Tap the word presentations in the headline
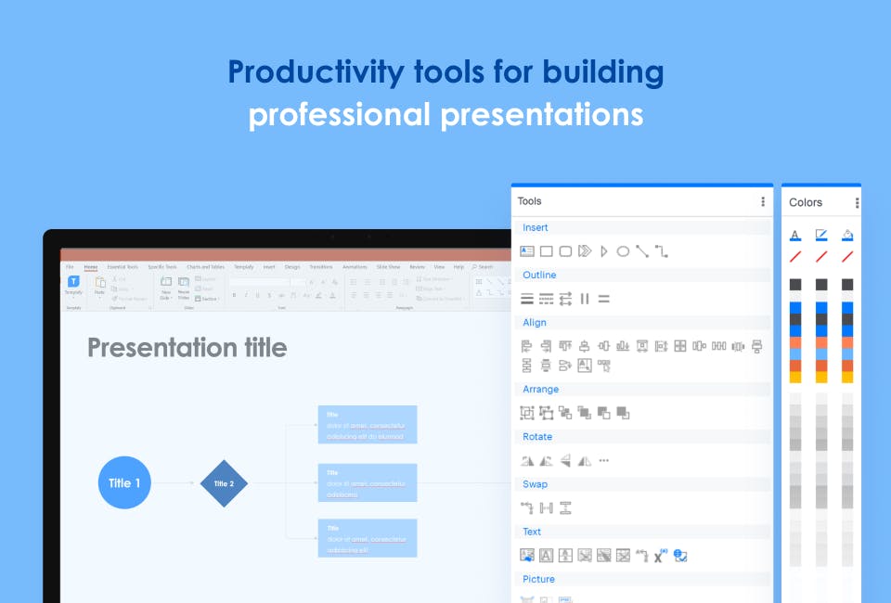point(541,115)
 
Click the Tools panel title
point(530,201)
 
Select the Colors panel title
point(806,202)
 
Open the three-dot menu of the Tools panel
point(763,201)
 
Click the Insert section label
point(536,227)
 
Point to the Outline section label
point(539,275)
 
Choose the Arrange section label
point(541,389)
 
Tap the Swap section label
point(536,483)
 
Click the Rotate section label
point(537,436)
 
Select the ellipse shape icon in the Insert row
point(623,251)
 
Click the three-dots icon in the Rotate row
point(604,460)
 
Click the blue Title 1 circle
point(124,482)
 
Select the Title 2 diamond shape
point(225,483)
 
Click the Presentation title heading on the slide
point(187,348)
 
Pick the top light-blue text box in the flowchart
point(368,424)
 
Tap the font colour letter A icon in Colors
point(795,235)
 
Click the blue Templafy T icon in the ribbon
point(73,281)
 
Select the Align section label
point(535,322)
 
